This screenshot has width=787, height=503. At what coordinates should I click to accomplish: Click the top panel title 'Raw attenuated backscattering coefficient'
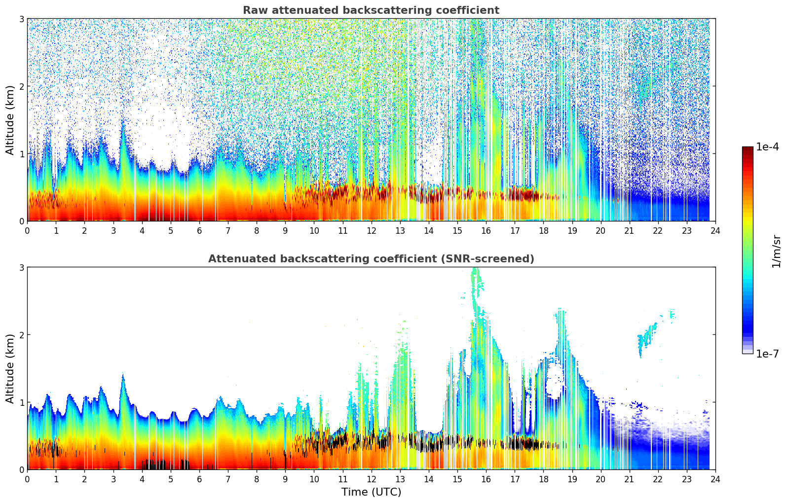[371, 10]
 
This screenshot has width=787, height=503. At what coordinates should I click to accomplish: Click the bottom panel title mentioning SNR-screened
[371, 259]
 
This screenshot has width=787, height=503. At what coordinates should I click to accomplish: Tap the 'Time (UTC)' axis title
[371, 492]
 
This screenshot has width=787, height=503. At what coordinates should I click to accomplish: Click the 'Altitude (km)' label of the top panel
[10, 120]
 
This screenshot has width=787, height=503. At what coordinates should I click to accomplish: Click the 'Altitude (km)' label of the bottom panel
[10, 368]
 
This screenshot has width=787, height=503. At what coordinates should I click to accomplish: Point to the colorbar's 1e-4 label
[767, 147]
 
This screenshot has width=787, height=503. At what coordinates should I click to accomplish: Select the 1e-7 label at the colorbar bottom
[767, 354]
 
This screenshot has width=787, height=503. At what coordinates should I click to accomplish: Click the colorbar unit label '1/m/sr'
[776, 251]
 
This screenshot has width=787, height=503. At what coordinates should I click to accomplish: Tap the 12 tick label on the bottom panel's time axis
[371, 479]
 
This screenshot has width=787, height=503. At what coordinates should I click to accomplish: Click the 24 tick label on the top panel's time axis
[715, 231]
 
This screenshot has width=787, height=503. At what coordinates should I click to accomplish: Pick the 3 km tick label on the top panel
[21, 19]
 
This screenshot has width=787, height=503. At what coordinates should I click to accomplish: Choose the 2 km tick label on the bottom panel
[21, 335]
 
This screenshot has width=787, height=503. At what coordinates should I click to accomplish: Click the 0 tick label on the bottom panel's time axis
[27, 479]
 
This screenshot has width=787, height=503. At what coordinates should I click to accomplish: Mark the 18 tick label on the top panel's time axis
[543, 231]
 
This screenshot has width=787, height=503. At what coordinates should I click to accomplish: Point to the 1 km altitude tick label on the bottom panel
[21, 402]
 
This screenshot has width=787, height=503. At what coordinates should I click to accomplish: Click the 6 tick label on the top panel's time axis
[199, 231]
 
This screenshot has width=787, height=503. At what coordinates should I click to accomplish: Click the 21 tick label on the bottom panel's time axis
[629, 479]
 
